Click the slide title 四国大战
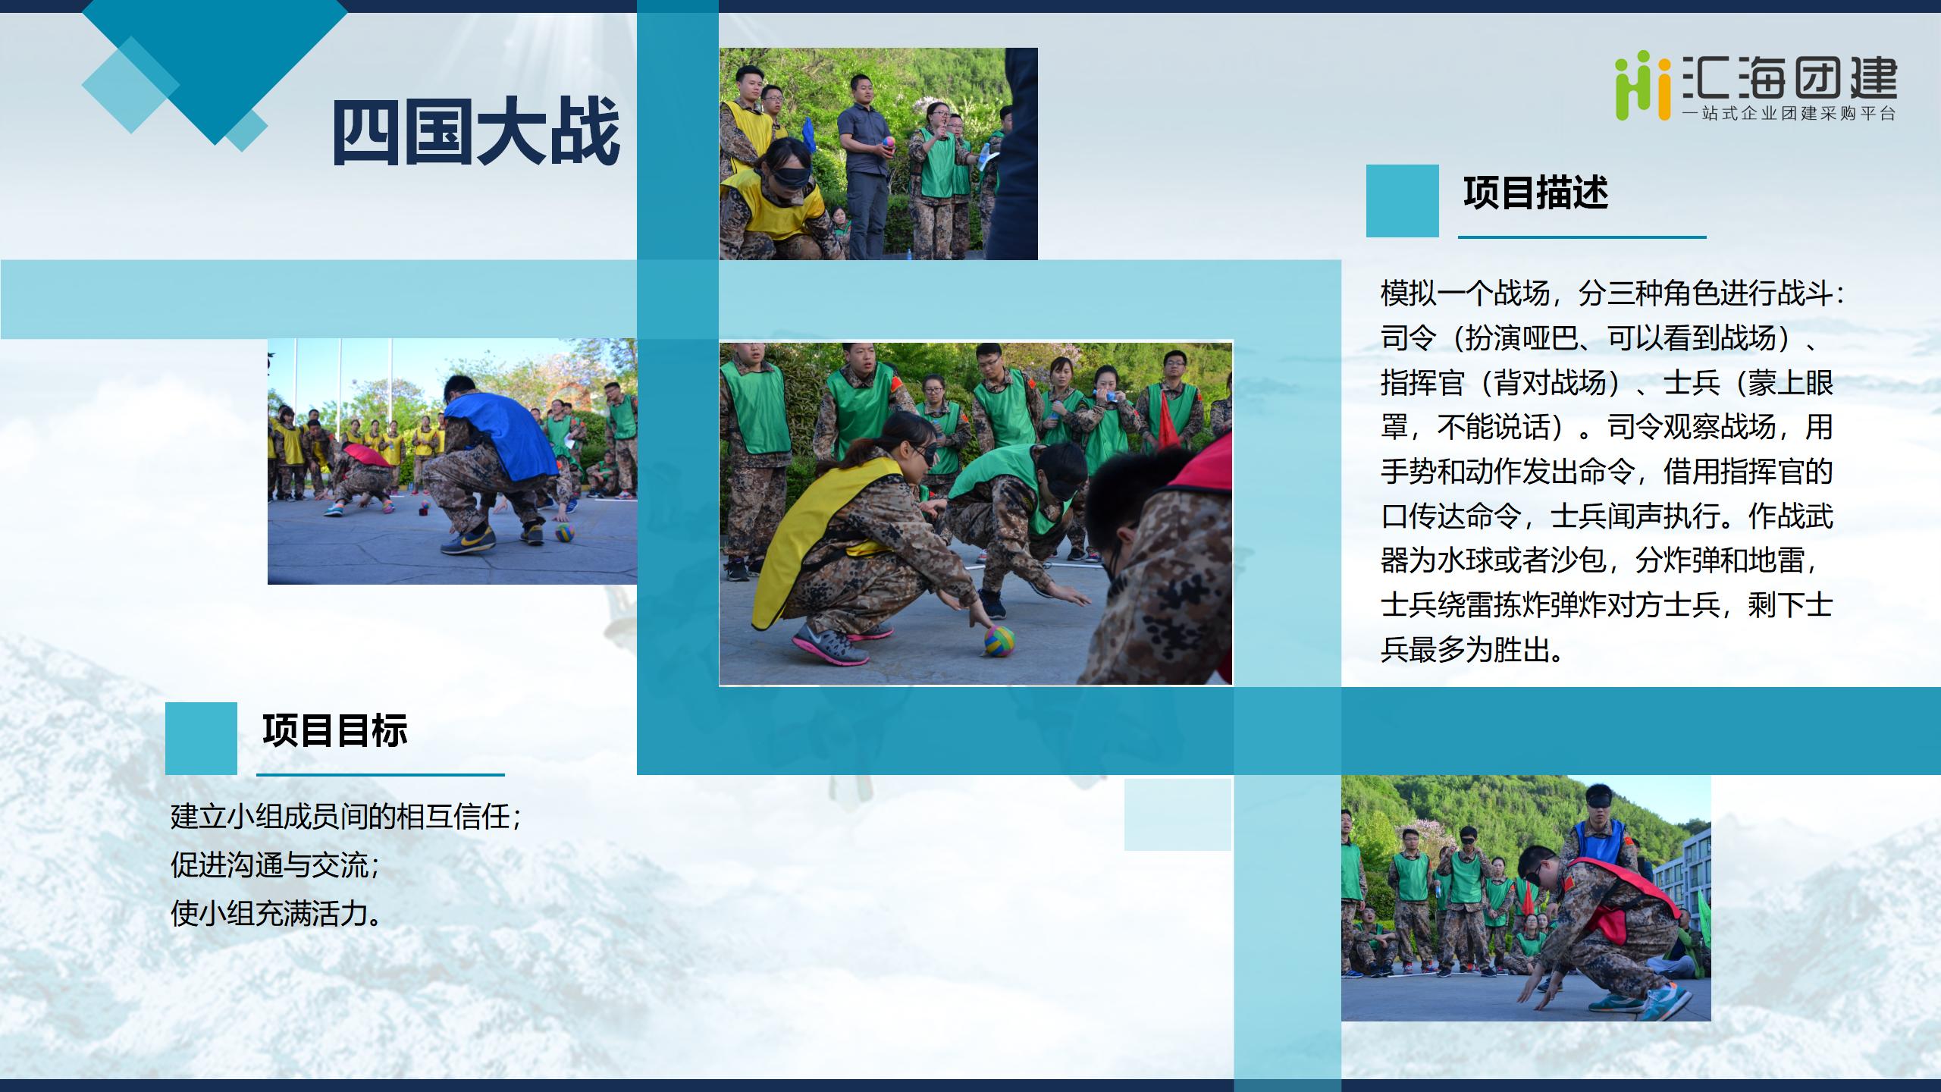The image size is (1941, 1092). [476, 133]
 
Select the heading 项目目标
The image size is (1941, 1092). [335, 730]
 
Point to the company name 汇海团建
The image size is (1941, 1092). [1790, 79]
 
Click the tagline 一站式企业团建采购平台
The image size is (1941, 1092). [1789, 114]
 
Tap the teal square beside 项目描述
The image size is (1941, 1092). [1402, 201]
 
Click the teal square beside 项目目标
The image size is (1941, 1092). [201, 738]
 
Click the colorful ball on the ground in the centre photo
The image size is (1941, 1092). [999, 642]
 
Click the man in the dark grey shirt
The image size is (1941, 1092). [866, 167]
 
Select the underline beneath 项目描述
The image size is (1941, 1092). [1582, 237]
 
